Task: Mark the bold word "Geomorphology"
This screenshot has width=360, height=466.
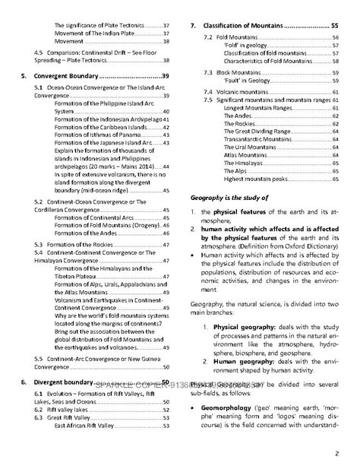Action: tap(229, 409)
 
